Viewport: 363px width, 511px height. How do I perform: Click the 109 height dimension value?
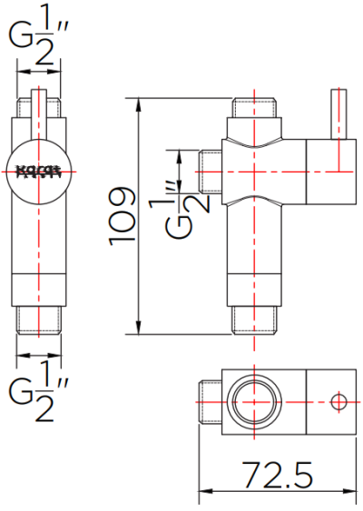click(122, 214)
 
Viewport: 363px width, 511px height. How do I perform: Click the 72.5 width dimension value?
click(278, 476)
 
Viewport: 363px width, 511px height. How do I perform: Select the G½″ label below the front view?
click(38, 390)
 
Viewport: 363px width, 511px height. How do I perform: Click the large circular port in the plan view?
click(253, 399)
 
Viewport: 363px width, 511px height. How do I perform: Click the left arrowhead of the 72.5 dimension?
click(203, 494)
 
